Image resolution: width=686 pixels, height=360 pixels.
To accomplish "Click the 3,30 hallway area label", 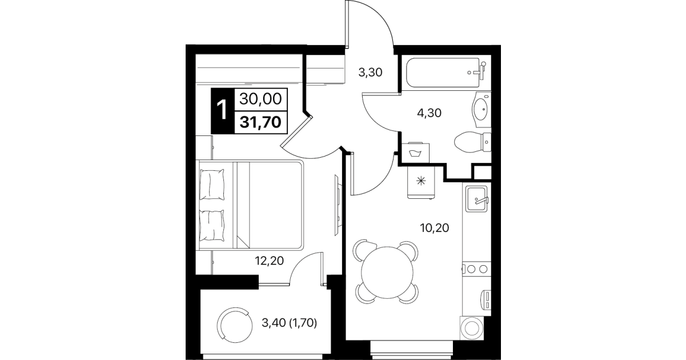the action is [x=370, y=73].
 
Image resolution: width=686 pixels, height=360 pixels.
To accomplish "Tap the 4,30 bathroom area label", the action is [x=429, y=113].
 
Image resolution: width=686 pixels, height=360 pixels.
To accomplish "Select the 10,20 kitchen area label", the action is [x=435, y=228].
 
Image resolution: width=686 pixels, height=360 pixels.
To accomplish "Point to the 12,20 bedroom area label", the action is [x=269, y=261].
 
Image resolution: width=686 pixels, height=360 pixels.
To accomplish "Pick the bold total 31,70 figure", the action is [x=260, y=122].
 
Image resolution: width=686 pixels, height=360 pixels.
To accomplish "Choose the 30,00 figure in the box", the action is [x=260, y=99].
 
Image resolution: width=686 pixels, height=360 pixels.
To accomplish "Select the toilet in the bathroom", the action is [x=472, y=142].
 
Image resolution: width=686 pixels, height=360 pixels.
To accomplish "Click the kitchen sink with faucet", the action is [x=477, y=199].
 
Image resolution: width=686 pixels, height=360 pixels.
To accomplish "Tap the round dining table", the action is [x=387, y=273].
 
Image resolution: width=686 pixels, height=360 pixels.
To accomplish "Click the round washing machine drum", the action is [x=472, y=329].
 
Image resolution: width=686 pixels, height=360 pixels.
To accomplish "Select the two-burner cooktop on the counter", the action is [x=477, y=269].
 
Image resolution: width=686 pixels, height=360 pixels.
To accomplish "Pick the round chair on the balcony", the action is [x=235, y=326].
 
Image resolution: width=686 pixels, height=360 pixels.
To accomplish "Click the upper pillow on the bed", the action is [x=212, y=185].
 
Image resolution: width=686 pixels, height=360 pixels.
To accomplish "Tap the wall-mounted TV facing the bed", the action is [x=338, y=205].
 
